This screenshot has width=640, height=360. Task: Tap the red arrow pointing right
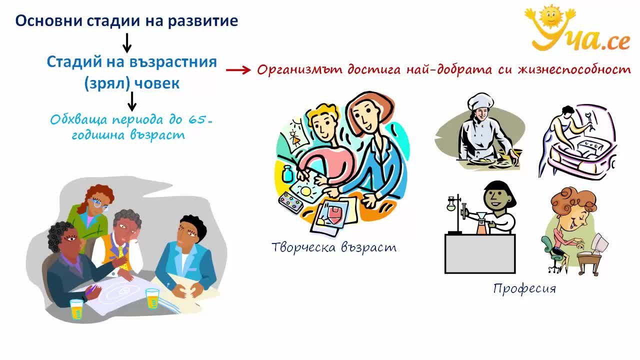click(x=238, y=70)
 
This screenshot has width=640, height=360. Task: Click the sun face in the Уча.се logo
click(x=550, y=15)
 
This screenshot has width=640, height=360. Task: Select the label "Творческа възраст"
click(x=334, y=247)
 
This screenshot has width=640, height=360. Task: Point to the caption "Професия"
click(x=524, y=288)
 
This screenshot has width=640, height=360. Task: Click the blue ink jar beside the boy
click(x=287, y=173)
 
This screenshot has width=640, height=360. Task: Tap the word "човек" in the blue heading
click(x=156, y=83)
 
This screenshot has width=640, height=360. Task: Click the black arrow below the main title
click(x=127, y=43)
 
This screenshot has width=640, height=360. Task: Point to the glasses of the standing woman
click(x=98, y=203)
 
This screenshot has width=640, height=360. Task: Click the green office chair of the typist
click(x=553, y=255)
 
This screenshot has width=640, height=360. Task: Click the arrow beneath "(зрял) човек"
click(x=131, y=101)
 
